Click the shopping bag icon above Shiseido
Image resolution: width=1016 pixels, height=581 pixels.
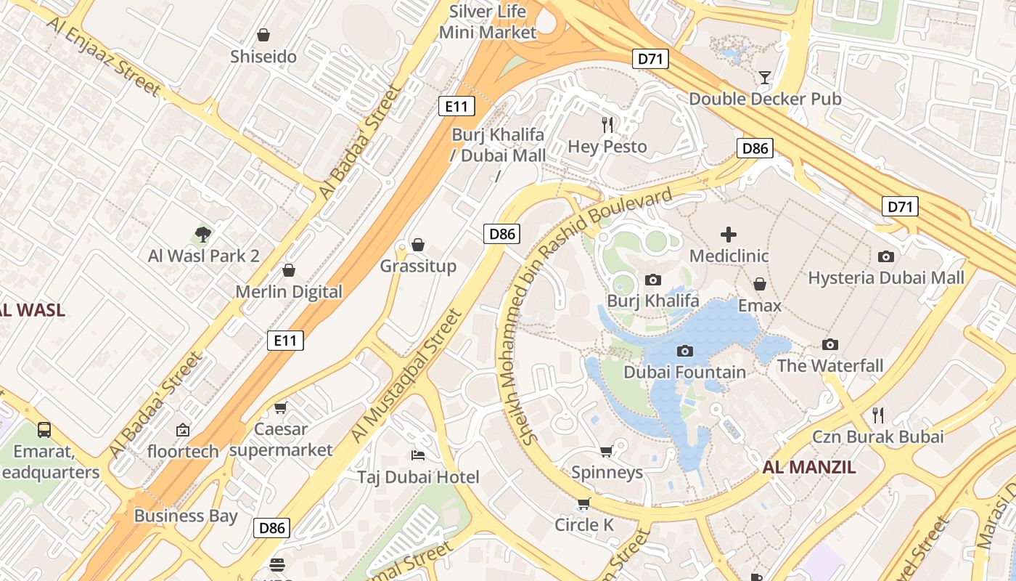[263, 35]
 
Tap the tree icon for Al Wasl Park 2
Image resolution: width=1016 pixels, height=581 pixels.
[203, 234]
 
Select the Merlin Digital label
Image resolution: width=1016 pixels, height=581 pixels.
[289, 291]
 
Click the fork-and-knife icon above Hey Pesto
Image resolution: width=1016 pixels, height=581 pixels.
[607, 125]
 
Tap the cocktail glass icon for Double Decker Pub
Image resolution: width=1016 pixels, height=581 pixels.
[764, 77]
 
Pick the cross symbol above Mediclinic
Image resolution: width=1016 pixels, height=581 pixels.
[729, 234]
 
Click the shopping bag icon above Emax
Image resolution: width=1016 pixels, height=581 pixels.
[760, 283]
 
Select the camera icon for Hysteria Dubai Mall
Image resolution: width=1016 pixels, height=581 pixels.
[886, 256]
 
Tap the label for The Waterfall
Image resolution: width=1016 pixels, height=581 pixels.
[830, 365]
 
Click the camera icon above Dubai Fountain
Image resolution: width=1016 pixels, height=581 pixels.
[684, 352]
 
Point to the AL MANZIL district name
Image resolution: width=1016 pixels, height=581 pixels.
[809, 467]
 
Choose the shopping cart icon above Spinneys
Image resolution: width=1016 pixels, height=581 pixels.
[607, 451]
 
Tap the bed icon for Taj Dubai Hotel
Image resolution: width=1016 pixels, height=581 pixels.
[418, 455]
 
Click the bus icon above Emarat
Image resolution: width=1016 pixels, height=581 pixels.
[44, 429]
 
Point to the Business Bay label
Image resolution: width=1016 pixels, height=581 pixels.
[186, 516]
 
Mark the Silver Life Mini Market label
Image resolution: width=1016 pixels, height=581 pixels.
[488, 22]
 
